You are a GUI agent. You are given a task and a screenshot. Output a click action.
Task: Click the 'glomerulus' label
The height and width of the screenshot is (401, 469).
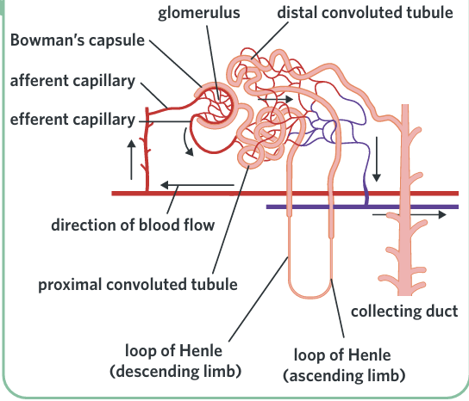(199, 14)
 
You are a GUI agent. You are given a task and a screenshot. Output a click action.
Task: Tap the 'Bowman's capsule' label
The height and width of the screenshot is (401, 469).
(78, 40)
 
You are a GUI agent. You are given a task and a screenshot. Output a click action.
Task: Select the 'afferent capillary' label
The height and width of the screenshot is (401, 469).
(72, 81)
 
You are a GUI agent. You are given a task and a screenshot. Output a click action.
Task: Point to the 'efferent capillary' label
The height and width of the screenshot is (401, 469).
(72, 120)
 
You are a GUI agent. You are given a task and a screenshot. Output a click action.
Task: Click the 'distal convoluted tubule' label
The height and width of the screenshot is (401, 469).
(365, 13)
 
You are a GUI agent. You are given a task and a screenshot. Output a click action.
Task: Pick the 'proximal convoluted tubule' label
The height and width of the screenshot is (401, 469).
(138, 285)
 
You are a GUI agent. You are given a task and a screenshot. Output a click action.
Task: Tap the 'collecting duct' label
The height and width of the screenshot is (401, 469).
(404, 312)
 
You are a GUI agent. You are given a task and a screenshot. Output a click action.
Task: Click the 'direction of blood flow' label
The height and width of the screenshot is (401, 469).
(133, 225)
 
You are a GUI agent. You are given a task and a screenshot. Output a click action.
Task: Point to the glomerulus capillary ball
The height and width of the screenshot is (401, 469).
(218, 105)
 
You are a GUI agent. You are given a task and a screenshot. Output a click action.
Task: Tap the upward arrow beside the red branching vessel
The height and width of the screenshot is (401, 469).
(131, 159)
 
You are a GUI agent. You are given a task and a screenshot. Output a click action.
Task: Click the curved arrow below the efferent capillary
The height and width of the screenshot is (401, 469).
(187, 143)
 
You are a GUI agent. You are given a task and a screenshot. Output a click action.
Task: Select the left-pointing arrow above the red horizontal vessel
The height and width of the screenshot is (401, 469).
(197, 185)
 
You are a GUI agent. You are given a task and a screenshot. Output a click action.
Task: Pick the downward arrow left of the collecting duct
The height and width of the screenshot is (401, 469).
(377, 159)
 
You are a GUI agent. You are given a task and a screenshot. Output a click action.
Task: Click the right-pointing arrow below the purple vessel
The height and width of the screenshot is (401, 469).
(410, 214)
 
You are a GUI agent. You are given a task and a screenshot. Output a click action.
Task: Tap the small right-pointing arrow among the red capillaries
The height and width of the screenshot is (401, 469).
(275, 99)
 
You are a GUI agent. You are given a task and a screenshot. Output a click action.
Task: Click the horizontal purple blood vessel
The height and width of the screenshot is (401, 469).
(362, 207)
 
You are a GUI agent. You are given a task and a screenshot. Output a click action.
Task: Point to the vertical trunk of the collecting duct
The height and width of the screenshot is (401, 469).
(405, 200)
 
